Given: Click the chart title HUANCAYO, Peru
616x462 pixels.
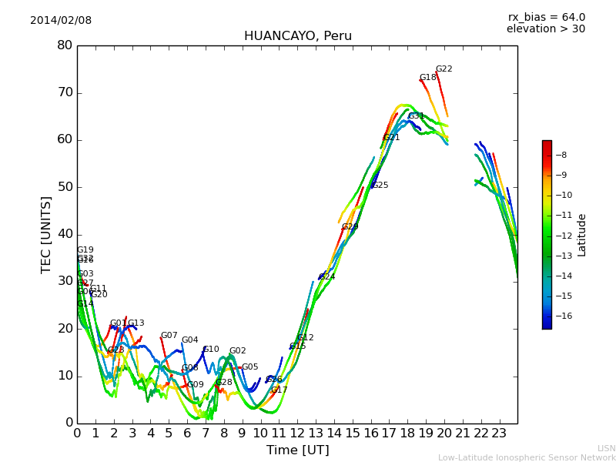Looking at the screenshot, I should [297, 36].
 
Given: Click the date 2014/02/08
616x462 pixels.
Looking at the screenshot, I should [61, 21].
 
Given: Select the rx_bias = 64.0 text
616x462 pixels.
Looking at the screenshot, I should [546, 17].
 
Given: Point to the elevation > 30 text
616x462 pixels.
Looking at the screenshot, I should [545, 29].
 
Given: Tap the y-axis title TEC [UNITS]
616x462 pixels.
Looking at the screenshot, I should [46, 234].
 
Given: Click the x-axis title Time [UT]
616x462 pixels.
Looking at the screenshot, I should [297, 450].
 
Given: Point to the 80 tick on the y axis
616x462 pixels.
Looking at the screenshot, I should [65, 45].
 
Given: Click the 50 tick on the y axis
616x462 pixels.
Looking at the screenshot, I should [65, 187].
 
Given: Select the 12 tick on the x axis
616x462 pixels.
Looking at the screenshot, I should [297, 434].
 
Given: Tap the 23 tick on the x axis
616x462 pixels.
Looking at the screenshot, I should [499, 434].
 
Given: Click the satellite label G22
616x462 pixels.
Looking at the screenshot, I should [444, 69].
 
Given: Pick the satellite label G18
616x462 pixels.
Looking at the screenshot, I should [427, 78].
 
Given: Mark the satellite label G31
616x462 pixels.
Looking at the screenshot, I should [416, 116].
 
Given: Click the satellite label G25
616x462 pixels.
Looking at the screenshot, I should [380, 186].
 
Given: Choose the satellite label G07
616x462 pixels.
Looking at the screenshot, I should [169, 336].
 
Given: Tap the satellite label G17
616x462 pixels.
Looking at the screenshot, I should [279, 390].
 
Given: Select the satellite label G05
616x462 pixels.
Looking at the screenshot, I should [249, 367].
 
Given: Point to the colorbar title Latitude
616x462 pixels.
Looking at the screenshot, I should [582, 234].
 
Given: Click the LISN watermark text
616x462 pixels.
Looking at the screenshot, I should [607, 448].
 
